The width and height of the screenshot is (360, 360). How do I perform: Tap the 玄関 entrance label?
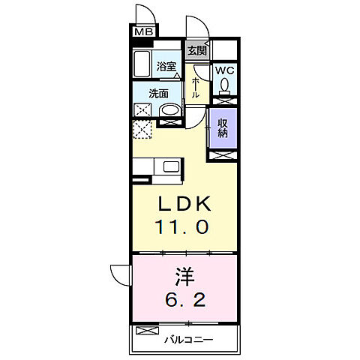tap(197, 50)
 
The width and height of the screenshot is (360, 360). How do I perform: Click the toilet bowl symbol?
tap(224, 86)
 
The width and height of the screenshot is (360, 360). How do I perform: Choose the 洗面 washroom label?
tap(157, 94)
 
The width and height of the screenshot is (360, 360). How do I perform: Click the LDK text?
tap(178, 204)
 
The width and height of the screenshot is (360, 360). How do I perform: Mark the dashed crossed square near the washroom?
tap(142, 129)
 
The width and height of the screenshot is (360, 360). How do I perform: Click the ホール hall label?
tap(195, 88)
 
